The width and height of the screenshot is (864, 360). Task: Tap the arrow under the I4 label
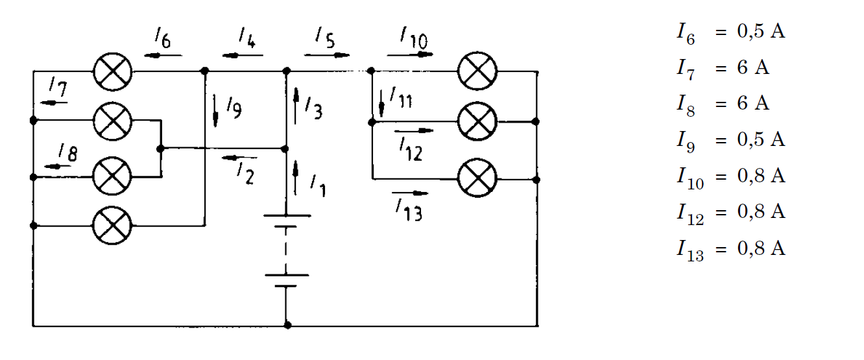[243, 56]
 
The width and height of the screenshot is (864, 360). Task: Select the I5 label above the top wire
[325, 38]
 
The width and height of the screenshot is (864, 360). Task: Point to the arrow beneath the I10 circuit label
[410, 54]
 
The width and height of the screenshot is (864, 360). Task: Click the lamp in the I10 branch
[477, 71]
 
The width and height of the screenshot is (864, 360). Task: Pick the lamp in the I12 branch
[477, 121]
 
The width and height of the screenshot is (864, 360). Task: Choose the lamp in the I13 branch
[477, 178]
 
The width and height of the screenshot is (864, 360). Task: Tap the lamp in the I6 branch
[113, 72]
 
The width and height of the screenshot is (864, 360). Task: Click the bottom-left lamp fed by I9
[112, 225]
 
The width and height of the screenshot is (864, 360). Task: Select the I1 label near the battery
[318, 186]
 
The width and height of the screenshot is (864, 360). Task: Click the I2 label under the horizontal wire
[245, 173]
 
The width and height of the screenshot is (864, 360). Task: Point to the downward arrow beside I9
[215, 111]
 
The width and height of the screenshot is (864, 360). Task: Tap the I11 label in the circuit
[401, 98]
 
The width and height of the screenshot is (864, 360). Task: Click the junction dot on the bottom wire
[287, 325]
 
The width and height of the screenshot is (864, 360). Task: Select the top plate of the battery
[287, 216]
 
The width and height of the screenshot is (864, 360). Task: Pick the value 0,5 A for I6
[761, 31]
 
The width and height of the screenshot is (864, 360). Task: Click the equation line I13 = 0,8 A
[731, 249]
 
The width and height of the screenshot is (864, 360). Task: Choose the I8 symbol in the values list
[686, 104]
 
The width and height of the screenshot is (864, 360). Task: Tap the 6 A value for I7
[753, 67]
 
